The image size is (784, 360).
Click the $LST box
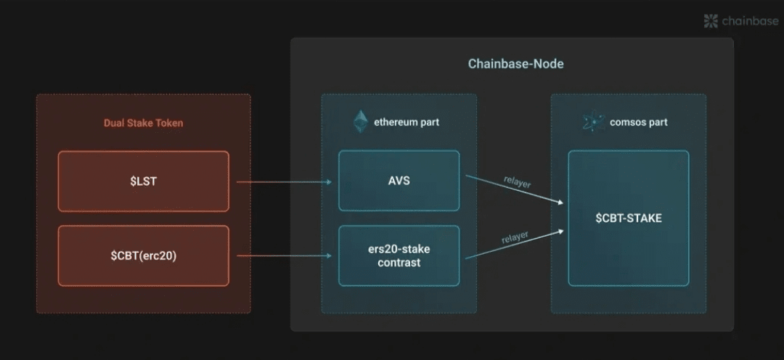pos(143,181)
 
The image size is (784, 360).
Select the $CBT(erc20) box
pos(143,255)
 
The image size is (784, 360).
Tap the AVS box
pos(399,181)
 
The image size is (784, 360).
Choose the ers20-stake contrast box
pos(399,255)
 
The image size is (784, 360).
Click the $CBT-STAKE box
pos(628,218)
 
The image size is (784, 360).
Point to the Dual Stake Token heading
pos(143,123)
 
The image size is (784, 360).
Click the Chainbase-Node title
pos(515,64)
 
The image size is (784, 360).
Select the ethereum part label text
pos(407,122)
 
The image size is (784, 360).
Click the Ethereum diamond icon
pos(361,121)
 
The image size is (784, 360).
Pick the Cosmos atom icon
pos(593,121)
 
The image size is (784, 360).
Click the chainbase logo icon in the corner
pos(711,21)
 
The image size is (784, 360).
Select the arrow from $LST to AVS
pos(284,181)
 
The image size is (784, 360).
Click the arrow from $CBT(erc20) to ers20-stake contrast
pos(284,255)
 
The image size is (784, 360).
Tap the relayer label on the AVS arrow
pos(517,182)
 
